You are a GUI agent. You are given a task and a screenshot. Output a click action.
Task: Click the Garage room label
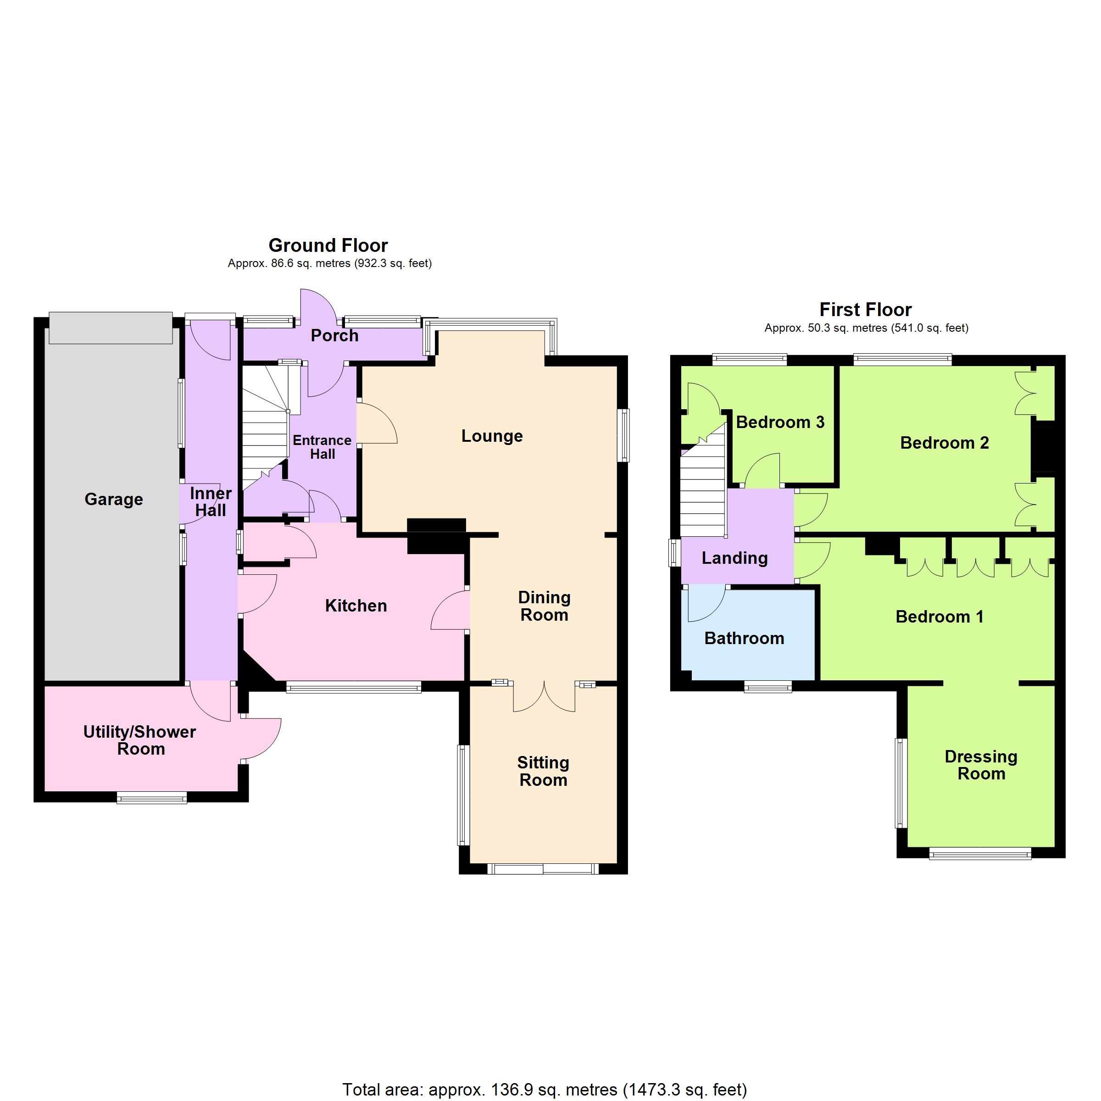pos(113,499)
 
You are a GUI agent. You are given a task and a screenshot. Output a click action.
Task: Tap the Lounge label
pos(492,436)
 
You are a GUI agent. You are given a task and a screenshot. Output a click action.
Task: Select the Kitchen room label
pos(356,605)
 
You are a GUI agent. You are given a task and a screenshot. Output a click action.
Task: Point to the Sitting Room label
pos(543,771)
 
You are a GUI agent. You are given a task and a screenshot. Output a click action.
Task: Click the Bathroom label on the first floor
pos(744,638)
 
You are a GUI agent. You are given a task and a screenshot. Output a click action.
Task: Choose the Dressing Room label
pos(981,765)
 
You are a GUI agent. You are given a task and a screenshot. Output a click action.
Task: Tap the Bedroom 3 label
pos(780,422)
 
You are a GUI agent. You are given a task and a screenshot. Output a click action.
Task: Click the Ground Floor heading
pos(328,245)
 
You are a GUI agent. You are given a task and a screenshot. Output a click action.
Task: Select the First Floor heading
pos(865,310)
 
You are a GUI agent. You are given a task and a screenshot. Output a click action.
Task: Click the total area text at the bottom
pos(544,1090)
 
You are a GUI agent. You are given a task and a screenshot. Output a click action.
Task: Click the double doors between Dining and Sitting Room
pos(544,696)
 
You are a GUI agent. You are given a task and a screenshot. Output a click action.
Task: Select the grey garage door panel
pos(111,328)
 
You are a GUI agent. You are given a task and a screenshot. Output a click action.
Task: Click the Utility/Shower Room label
pos(140,740)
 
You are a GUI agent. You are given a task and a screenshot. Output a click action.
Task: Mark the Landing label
pos(734,558)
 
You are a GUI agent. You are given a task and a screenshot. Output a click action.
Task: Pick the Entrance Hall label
pos(322,447)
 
